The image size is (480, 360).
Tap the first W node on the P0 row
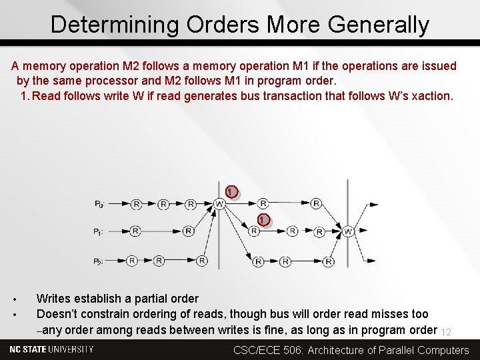tap(219, 203)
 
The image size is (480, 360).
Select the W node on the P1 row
tap(348, 231)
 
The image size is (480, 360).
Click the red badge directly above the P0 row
tap(230, 192)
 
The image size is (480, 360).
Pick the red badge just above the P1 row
tap(263, 220)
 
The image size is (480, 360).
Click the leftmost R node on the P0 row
tap(136, 203)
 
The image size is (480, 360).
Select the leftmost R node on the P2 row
tap(132, 261)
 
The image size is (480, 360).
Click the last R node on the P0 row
tap(316, 203)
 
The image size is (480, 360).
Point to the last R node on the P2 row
tap(329, 261)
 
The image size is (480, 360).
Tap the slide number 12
tap(447, 332)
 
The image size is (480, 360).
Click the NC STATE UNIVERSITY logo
tap(51, 349)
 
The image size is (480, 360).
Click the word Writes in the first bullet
tap(54, 299)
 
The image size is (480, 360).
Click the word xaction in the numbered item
tap(430, 95)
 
